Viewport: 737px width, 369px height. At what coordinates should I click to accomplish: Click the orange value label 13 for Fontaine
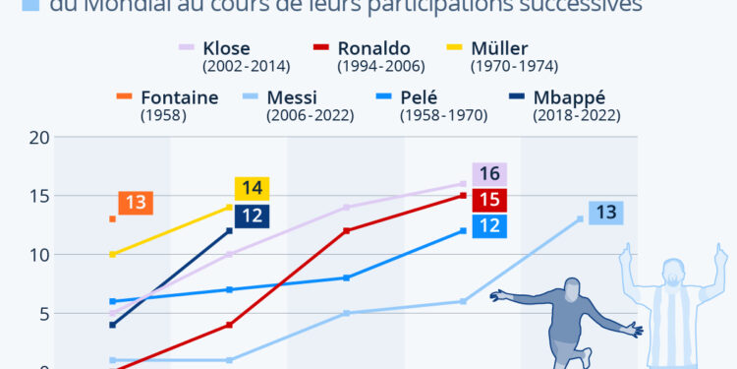135,204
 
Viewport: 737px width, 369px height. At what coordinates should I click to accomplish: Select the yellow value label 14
252,189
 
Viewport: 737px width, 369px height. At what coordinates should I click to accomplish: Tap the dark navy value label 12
252,215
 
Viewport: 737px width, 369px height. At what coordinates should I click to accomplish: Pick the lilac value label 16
488,174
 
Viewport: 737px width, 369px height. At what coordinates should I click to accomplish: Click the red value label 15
488,201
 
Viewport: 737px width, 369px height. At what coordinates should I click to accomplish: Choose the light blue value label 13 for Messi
605,213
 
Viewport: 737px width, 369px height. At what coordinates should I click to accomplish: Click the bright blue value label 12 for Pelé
488,226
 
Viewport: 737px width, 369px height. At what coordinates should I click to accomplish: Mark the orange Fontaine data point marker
113,218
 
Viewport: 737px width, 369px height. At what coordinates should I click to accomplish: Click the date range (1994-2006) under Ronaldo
380,67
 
